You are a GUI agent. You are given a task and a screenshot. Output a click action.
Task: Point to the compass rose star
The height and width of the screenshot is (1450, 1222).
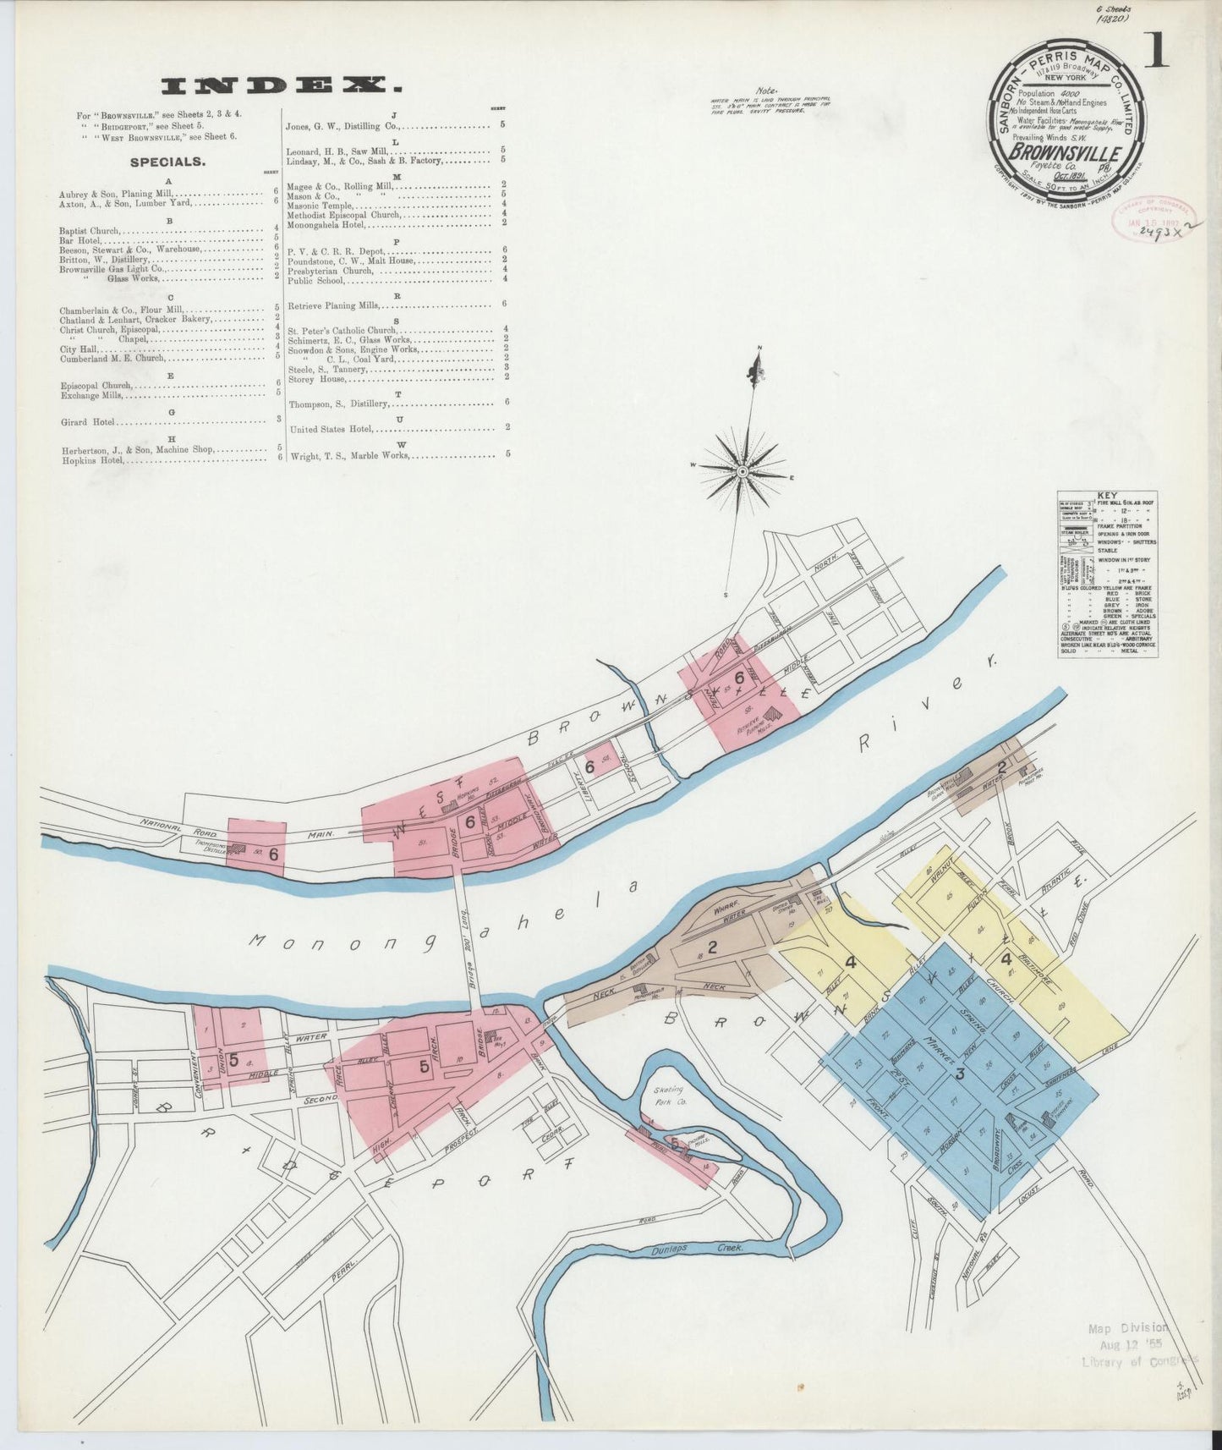[742, 469]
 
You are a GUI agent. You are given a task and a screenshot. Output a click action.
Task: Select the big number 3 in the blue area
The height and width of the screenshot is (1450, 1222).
[959, 1074]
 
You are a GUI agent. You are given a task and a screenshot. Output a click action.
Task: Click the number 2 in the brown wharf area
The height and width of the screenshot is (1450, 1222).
[712, 947]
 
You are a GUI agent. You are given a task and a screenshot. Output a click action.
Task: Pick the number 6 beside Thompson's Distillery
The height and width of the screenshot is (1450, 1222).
[273, 854]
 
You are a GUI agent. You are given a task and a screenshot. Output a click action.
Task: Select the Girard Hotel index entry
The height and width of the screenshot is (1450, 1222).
[87, 421]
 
